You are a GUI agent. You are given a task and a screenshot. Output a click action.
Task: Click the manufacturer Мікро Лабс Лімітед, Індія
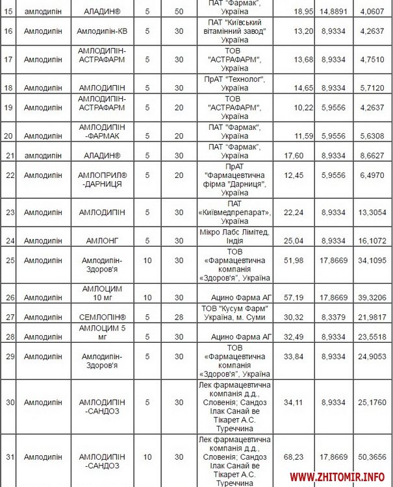(x=234, y=236)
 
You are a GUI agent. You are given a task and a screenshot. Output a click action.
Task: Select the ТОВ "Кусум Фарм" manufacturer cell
(x=234, y=312)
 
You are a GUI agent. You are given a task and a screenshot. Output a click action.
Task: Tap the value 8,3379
(x=333, y=317)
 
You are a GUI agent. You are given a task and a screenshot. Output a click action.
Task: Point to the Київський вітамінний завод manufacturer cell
(x=234, y=31)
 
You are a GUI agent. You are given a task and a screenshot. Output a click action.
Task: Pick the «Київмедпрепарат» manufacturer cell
(x=234, y=212)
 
